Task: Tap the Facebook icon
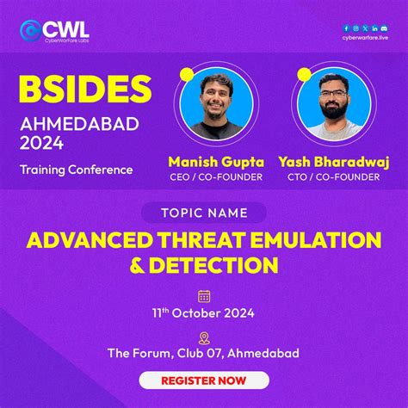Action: [x=346, y=28]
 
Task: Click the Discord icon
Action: [x=384, y=28]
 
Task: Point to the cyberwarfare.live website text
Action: [x=364, y=37]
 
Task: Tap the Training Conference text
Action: [x=77, y=170]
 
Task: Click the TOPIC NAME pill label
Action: [x=203, y=213]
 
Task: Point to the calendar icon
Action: [x=204, y=296]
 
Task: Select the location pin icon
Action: [x=204, y=337]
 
